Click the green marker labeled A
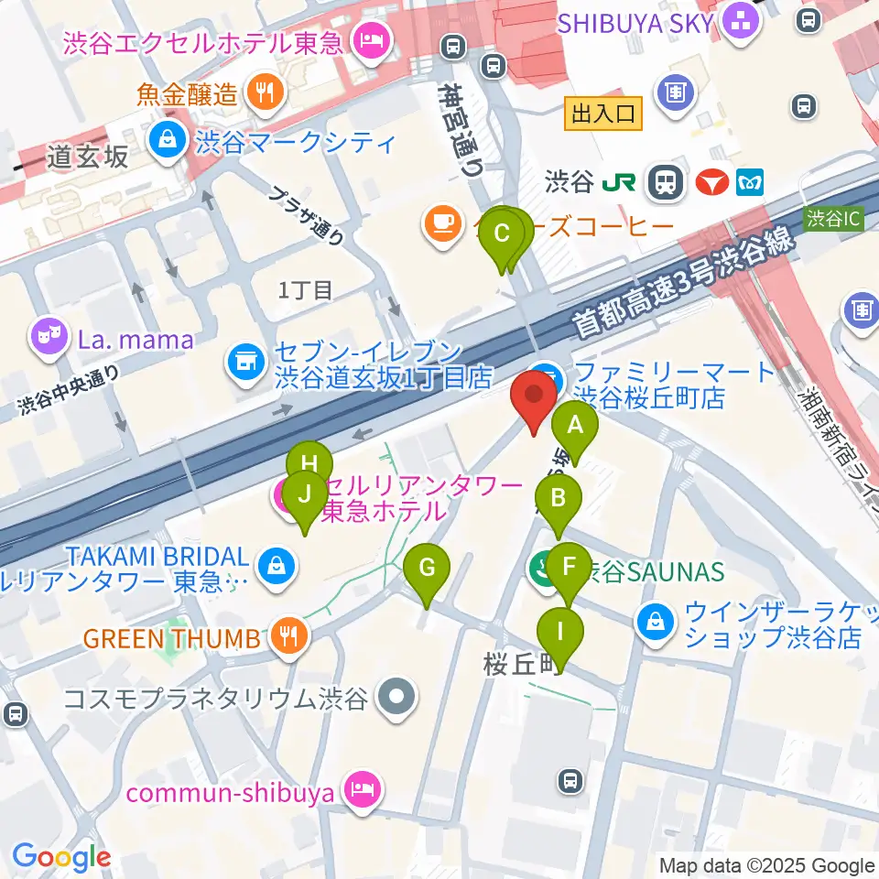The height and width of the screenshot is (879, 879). click(575, 425)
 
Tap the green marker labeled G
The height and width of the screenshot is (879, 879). click(427, 568)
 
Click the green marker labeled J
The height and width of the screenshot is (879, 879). click(304, 495)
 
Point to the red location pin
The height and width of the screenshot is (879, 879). click(534, 396)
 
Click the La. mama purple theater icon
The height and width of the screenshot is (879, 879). click(47, 340)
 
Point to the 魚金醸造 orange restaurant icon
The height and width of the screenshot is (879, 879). click(265, 92)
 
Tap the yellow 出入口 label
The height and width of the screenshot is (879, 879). click(602, 114)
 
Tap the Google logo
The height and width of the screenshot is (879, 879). click(61, 858)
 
